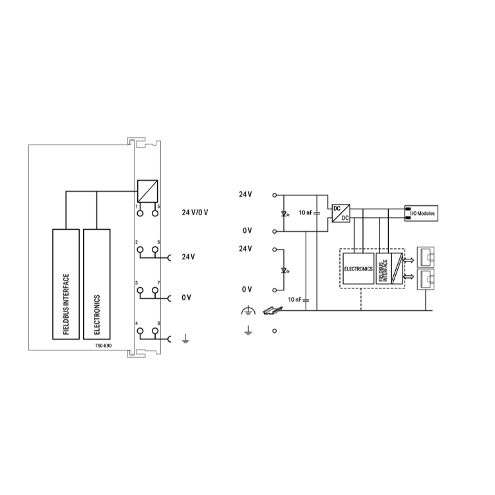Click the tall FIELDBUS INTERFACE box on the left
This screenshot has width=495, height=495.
point(65,284)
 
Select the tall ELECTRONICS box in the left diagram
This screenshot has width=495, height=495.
point(96,284)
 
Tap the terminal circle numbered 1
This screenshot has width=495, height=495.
point(140,213)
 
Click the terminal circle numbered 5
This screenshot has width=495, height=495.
point(155,213)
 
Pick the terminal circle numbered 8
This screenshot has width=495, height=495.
point(155,331)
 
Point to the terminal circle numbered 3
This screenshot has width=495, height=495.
point(140,290)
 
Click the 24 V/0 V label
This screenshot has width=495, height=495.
point(195,213)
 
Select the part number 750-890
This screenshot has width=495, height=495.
point(104,346)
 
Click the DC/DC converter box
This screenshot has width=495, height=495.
point(341,213)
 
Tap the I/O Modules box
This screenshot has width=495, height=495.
point(421,213)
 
